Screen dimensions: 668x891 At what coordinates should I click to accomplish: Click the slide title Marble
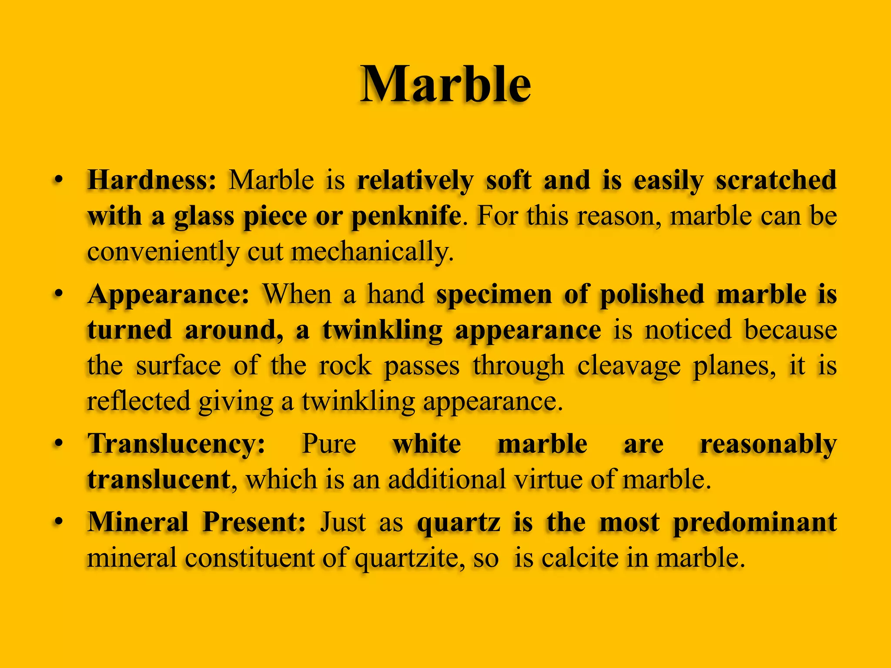[445, 84]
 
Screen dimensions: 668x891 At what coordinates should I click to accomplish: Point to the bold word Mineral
[138, 522]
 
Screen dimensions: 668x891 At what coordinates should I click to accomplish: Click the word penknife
[406, 216]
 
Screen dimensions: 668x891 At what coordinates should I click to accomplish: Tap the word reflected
[139, 401]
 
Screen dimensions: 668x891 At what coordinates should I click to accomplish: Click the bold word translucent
[159, 480]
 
